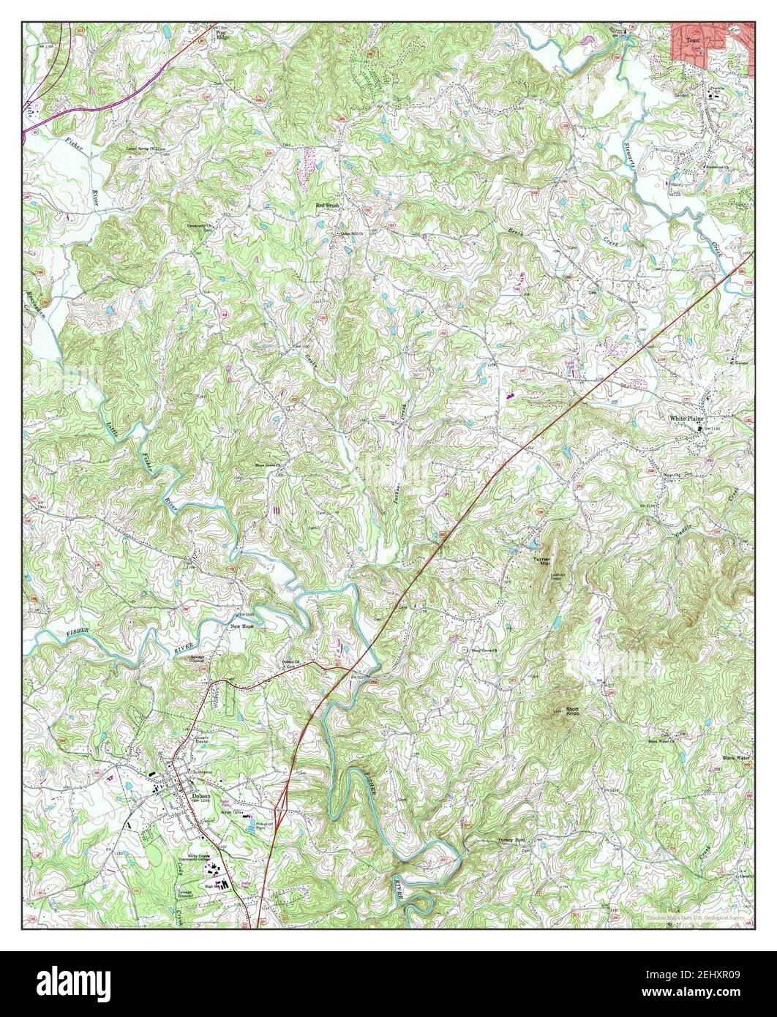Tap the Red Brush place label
[329, 206]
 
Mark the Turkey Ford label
[511, 841]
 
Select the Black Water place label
[736, 758]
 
